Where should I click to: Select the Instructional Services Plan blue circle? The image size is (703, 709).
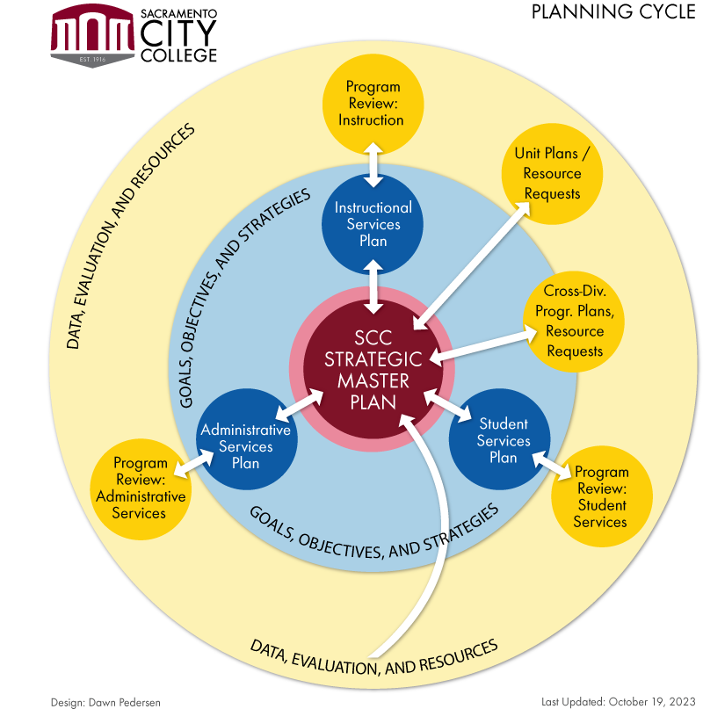click(373, 224)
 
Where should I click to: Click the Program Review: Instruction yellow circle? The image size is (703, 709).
click(373, 104)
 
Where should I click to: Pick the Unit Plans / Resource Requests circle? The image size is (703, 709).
click(552, 174)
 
